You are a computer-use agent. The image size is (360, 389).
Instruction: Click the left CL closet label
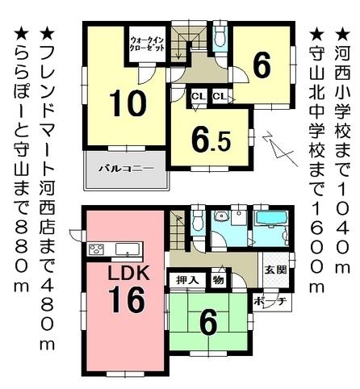point(197,98)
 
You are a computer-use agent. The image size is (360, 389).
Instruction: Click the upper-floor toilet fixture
point(220,35)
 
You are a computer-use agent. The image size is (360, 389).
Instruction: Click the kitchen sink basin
point(128,248)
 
